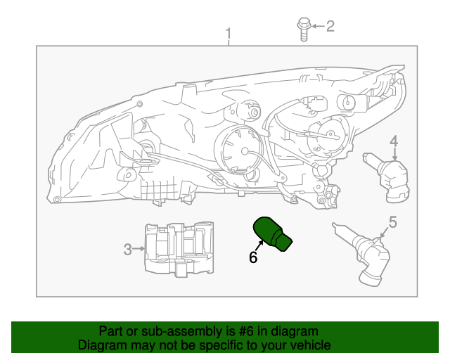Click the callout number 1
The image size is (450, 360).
point(228,33)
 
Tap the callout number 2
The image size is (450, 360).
point(330,27)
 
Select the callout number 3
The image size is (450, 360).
point(127,248)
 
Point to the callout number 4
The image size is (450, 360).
point(394,140)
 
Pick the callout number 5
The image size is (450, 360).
point(393,222)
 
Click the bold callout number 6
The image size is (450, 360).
point(253,257)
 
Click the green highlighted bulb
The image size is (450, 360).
point(273,233)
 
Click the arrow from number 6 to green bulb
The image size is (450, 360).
point(259,246)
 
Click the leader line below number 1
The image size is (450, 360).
point(228,43)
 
